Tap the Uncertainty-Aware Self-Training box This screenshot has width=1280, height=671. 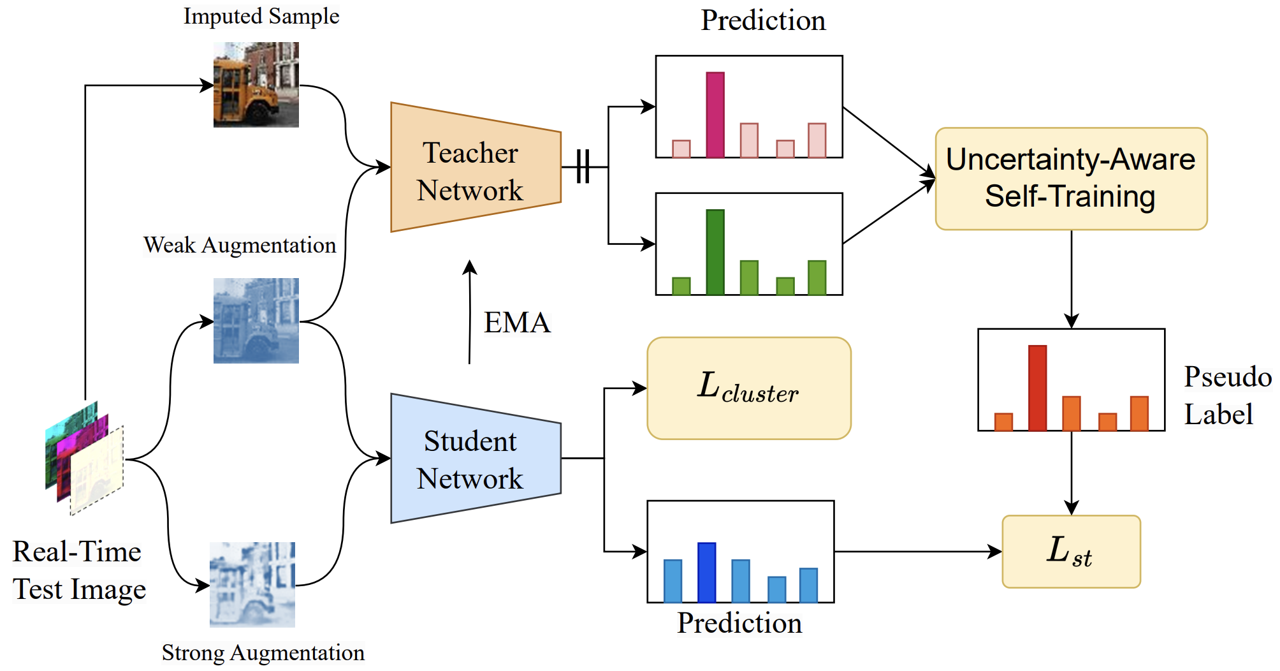[1071, 179]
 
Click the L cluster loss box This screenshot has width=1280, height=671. [749, 388]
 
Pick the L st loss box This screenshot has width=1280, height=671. [1071, 552]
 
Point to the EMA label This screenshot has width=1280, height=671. [517, 323]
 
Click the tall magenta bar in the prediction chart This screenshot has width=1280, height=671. [715, 115]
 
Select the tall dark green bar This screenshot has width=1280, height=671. [715, 253]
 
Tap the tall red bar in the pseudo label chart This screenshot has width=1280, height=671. [1037, 388]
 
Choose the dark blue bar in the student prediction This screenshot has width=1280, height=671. [706, 572]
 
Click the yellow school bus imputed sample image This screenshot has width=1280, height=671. [256, 85]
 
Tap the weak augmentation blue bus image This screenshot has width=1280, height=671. [256, 321]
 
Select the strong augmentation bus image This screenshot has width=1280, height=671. [252, 585]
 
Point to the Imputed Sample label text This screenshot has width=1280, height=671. [261, 17]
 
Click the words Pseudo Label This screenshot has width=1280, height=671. [1225, 395]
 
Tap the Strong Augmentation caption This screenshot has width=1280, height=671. [263, 653]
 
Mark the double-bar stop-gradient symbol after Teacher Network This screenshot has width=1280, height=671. [583, 167]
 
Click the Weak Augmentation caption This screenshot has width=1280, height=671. [240, 246]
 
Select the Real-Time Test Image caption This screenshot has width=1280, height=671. [78, 570]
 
